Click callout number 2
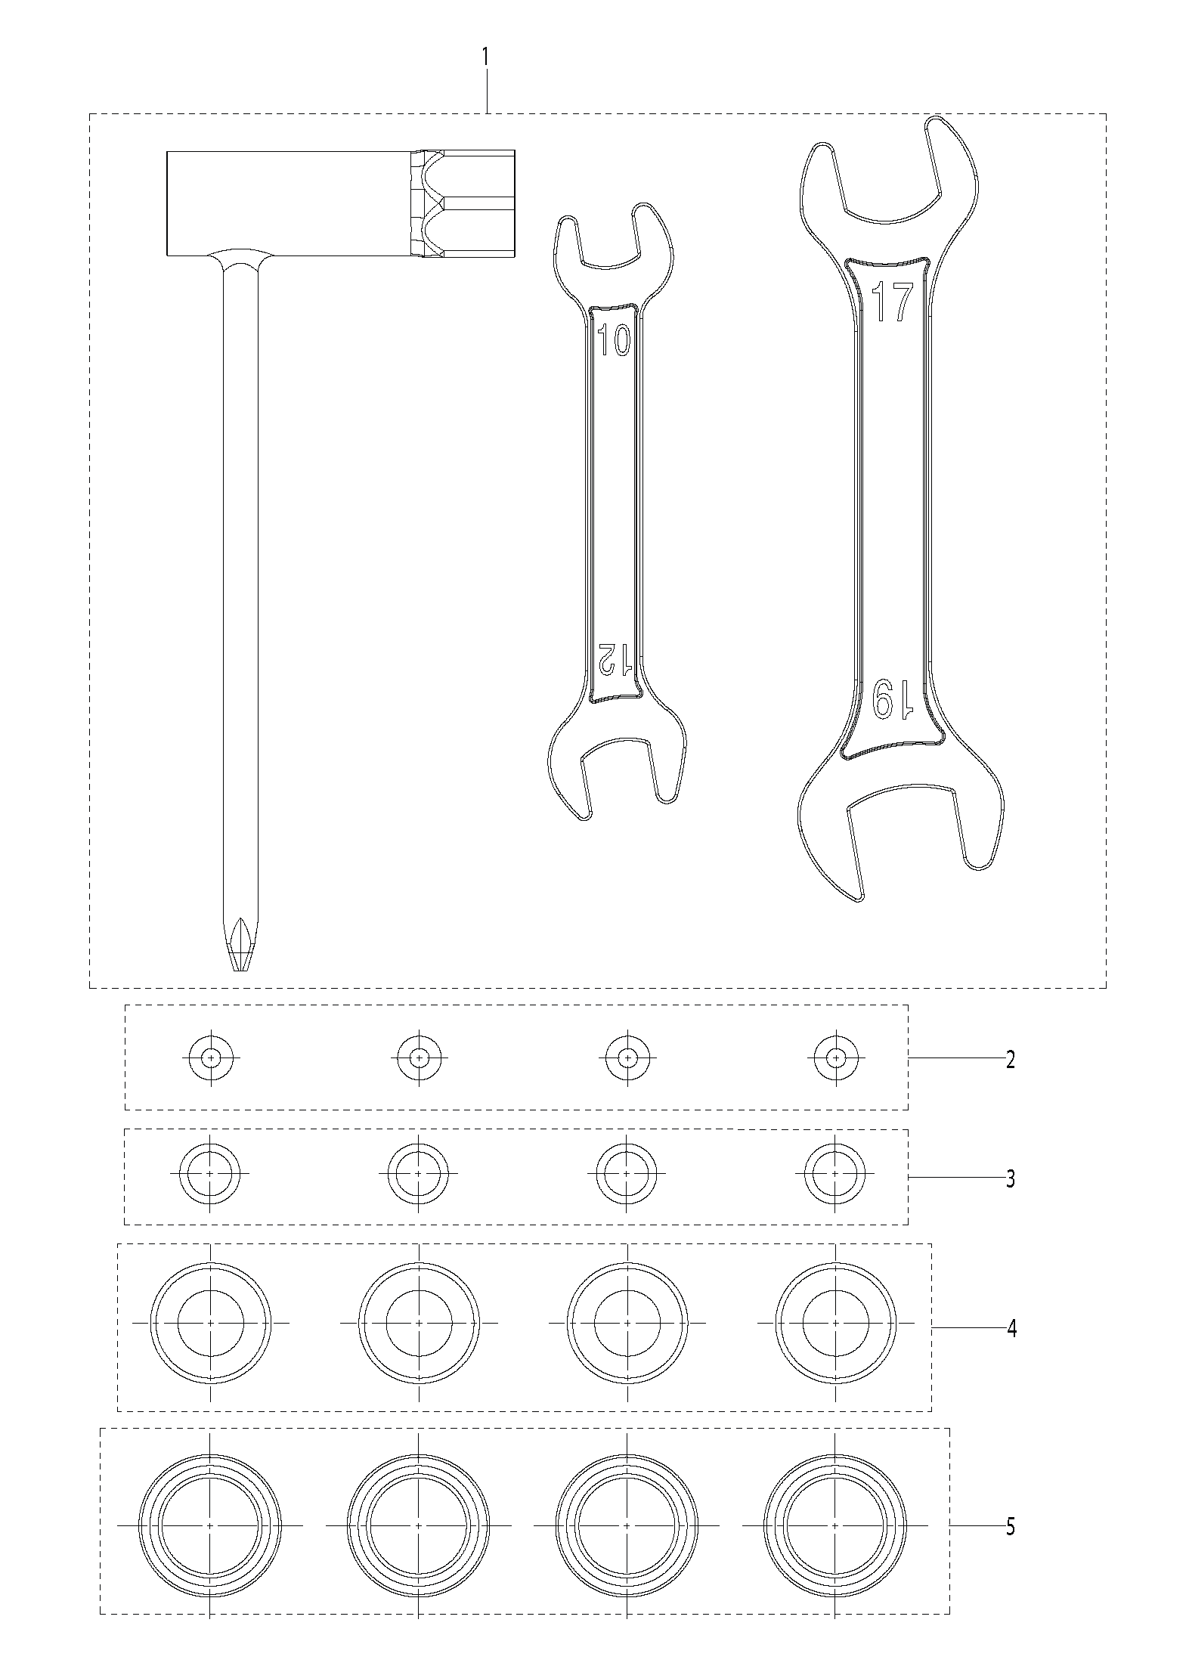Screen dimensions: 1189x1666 pos(1011,1059)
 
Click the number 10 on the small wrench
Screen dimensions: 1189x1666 pos(614,342)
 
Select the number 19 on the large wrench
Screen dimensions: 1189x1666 pos(892,698)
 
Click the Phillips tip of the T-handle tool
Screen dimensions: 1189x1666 pos(240,945)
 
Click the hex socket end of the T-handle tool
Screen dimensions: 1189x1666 pos(464,203)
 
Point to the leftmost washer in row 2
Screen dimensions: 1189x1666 pos(211,1058)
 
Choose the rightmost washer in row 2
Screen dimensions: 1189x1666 pos(835,1058)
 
